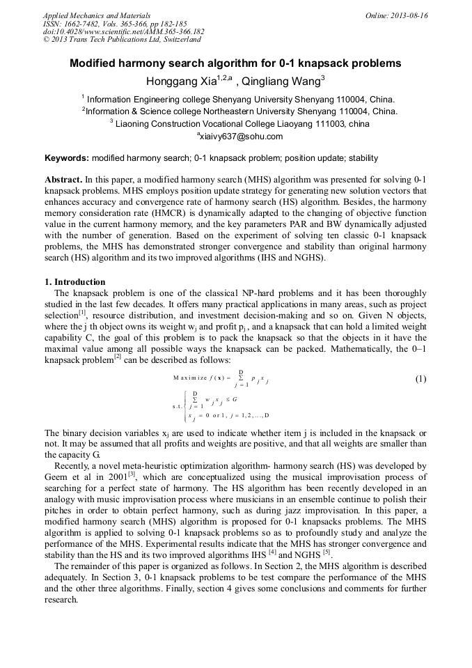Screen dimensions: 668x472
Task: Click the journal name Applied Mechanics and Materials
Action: coord(96,15)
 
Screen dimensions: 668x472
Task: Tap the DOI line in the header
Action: coord(123,31)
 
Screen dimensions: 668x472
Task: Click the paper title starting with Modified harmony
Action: coord(235,63)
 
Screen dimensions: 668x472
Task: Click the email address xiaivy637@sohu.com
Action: coord(240,137)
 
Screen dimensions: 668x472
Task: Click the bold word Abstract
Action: coord(64,180)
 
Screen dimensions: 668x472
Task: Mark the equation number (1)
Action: coord(420,379)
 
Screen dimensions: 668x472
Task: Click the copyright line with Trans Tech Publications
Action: coord(122,40)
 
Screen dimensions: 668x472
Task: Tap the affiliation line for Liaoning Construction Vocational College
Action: coord(239,123)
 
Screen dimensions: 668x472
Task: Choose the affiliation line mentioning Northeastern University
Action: coord(239,111)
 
